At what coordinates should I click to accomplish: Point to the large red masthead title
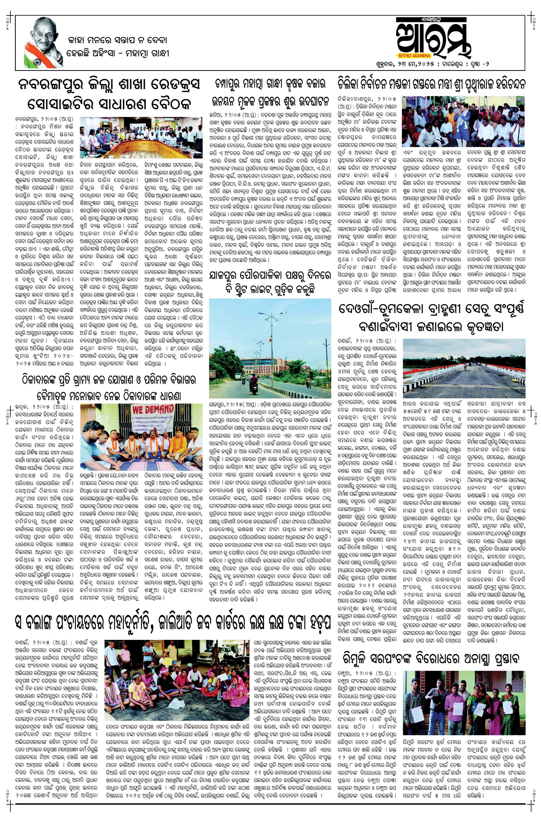tap(433, 37)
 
